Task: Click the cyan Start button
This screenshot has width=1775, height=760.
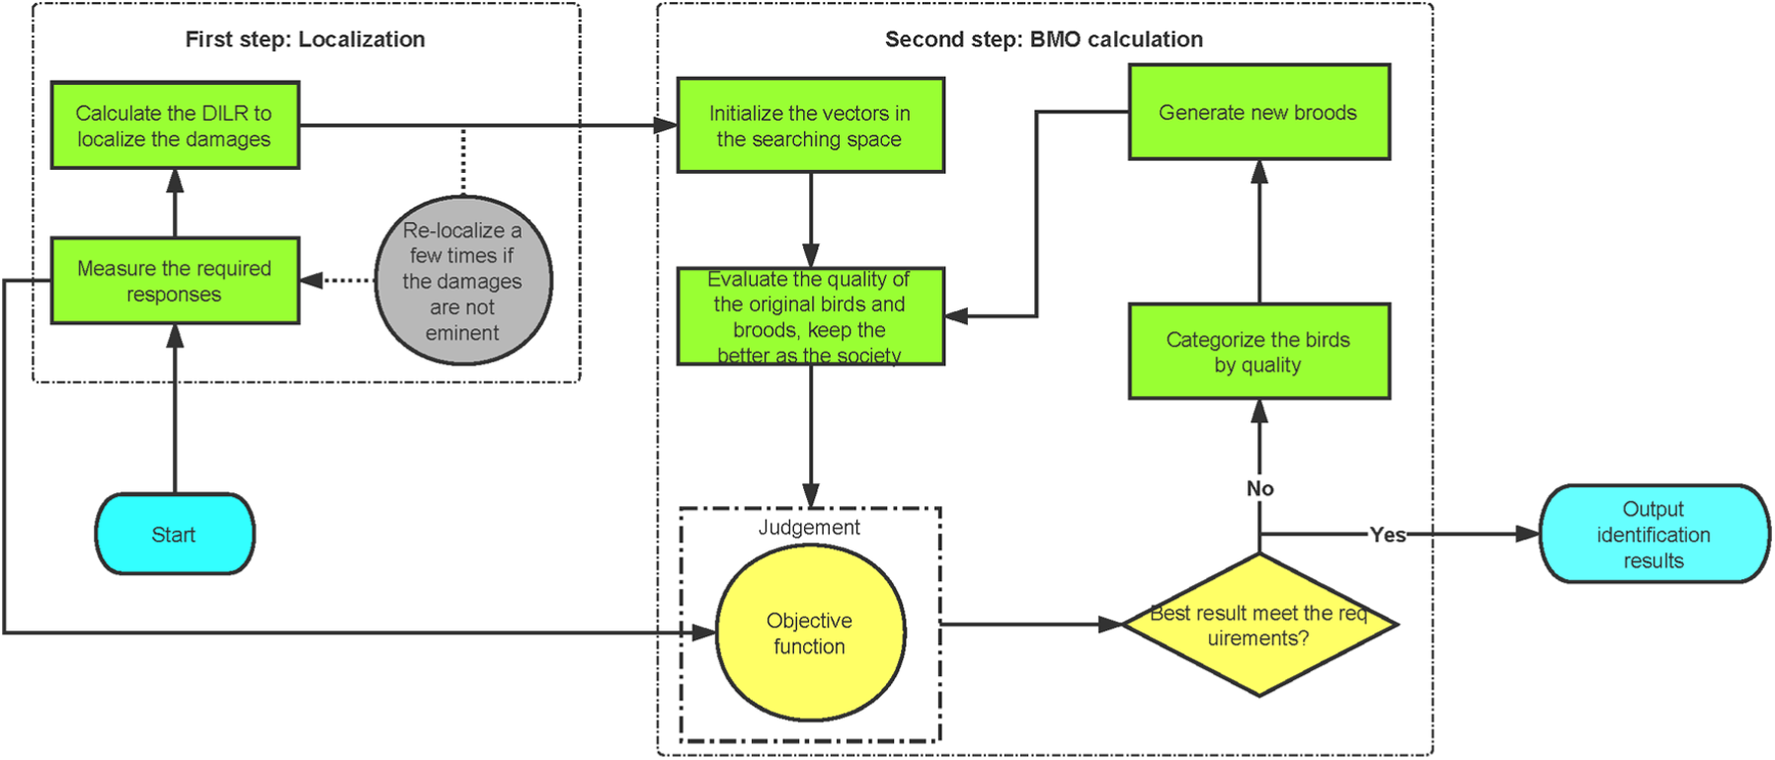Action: [x=175, y=534]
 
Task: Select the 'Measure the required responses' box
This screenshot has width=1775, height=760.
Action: [x=175, y=281]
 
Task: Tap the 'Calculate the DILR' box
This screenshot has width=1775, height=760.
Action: [x=175, y=126]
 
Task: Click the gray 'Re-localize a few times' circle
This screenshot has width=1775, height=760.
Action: [x=463, y=281]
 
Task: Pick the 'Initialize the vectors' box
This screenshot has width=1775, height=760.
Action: [x=811, y=126]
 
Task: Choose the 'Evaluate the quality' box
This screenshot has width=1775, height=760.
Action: [x=811, y=316]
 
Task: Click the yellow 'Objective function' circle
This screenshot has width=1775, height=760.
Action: [x=811, y=633]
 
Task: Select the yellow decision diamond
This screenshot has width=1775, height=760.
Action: [x=1259, y=625]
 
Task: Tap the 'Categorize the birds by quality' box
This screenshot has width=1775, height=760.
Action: [x=1259, y=352]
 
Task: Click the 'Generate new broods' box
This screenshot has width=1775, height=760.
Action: [x=1259, y=112]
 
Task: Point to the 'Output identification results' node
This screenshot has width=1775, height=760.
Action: [x=1654, y=534]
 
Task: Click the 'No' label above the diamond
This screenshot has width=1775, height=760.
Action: [x=1259, y=488]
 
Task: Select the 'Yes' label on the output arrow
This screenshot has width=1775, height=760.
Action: [x=1388, y=535]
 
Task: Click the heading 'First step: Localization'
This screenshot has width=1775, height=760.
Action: [x=305, y=40]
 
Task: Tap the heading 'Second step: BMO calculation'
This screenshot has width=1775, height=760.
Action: [x=1044, y=40]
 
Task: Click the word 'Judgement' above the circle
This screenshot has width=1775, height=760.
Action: [x=809, y=528]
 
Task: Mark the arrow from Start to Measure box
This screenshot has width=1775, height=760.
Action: [x=176, y=409]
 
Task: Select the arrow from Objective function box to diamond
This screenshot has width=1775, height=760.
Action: [x=1032, y=625]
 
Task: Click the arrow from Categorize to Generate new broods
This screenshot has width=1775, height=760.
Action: [x=1259, y=231]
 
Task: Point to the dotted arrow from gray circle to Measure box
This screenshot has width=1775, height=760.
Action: [x=337, y=281]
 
